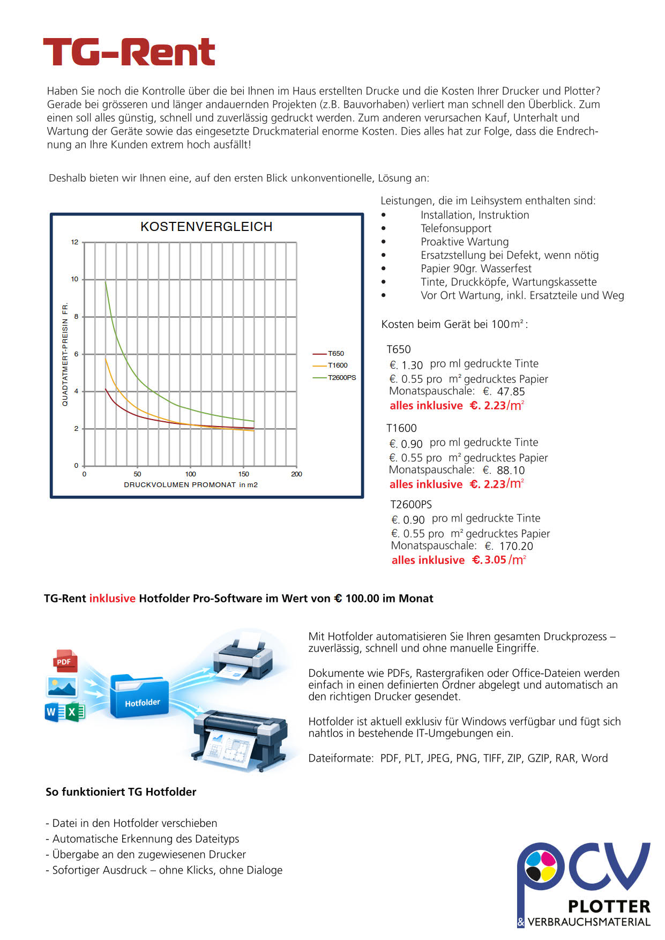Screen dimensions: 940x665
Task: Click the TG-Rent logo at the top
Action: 129,53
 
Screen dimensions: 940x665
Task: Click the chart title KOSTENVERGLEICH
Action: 206,227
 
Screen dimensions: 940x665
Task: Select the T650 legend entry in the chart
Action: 335,354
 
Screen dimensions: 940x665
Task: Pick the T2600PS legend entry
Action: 341,378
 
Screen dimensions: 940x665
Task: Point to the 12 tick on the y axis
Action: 74,242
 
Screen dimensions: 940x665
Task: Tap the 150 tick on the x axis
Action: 243,474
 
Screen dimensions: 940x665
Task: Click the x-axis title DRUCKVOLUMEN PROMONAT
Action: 180,485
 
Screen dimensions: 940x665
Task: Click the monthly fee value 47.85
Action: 511,392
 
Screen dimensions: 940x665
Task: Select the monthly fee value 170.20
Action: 516,546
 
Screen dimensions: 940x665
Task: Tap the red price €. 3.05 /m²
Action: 499,560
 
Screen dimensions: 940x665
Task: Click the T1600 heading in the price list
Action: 401,428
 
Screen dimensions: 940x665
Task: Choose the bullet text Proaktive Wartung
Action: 465,242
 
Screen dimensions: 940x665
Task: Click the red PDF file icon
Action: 65,661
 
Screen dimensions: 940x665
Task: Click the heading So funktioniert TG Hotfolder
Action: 121,792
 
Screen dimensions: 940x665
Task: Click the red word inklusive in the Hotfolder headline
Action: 112,599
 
